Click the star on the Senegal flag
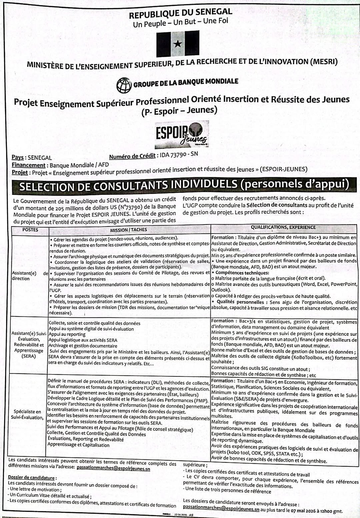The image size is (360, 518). pyautogui.click(x=178, y=44)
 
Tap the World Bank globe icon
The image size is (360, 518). pyautogui.click(x=124, y=85)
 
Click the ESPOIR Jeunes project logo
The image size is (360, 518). pyautogui.click(x=182, y=135)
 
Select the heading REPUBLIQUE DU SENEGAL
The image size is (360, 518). pyautogui.click(x=180, y=14)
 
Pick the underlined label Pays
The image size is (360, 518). pyautogui.click(x=18, y=158)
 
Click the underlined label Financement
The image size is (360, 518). pyautogui.click(x=28, y=165)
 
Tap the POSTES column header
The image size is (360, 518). pyautogui.click(x=30, y=230)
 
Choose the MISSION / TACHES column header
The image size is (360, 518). pyautogui.click(x=128, y=230)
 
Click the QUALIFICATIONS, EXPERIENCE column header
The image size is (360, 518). pyautogui.click(x=283, y=228)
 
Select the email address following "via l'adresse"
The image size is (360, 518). pyautogui.click(x=113, y=468)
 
